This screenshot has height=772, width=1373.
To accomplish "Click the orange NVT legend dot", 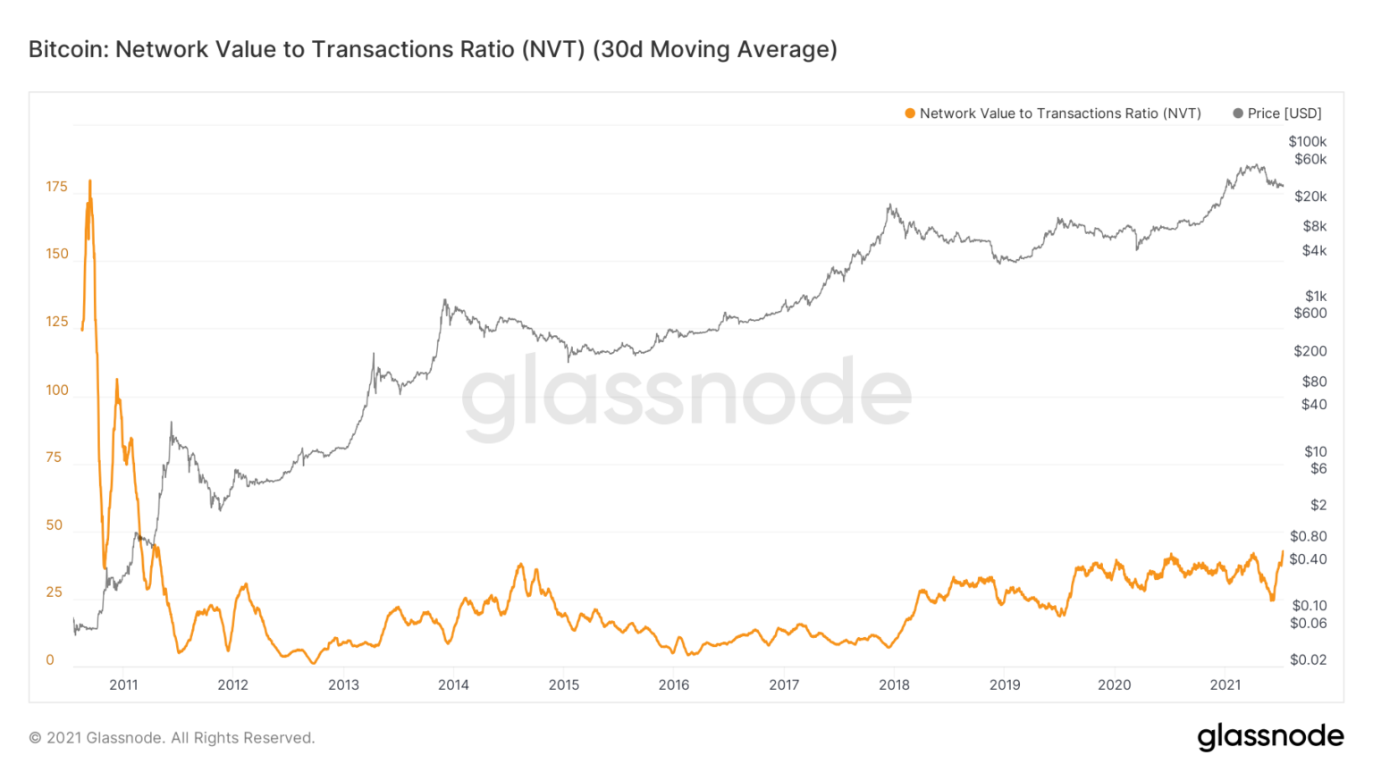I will point(910,113).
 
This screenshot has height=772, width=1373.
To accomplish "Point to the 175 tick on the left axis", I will point(56,187).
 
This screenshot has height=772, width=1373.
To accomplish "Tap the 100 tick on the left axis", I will point(56,390).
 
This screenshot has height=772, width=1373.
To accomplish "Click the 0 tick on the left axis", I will point(50,660).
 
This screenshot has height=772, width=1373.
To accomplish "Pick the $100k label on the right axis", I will point(1307,141).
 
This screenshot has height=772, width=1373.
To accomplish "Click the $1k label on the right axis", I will point(1315,296).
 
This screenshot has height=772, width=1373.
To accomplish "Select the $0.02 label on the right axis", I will point(1308,659).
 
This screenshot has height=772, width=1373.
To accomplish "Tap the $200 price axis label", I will point(1310,351).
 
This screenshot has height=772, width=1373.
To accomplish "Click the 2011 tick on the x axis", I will point(123,684).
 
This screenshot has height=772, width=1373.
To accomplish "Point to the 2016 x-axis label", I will point(674,684).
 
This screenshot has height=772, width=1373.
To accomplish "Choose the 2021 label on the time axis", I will point(1225,684).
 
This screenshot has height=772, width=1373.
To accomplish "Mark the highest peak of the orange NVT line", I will point(89,181).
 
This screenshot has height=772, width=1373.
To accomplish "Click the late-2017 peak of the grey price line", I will point(889,206).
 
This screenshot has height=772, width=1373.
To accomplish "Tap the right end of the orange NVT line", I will point(1283,552).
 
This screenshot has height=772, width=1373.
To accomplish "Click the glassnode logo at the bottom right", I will point(1270,736).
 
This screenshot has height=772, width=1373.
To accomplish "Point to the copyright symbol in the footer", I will point(35,738).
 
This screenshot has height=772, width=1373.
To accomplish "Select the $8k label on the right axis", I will point(1314,226).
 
